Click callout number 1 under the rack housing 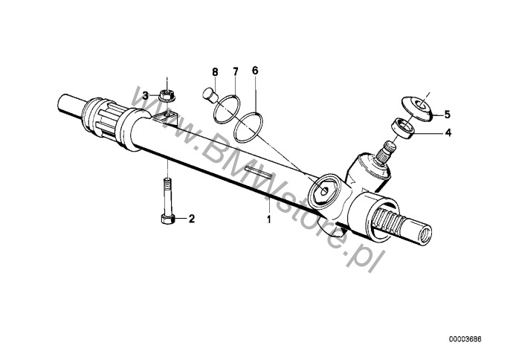click(x=268, y=219)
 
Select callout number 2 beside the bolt click(x=192, y=219)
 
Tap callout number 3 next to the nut click(x=146, y=96)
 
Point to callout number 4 click(x=448, y=132)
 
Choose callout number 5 click(x=448, y=115)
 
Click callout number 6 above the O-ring click(x=255, y=71)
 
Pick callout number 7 click(x=235, y=71)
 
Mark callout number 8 click(x=215, y=72)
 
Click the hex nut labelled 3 click(x=167, y=96)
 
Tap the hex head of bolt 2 click(x=167, y=219)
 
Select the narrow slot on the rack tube click(x=258, y=172)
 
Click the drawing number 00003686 click(x=465, y=339)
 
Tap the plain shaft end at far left click(x=70, y=104)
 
